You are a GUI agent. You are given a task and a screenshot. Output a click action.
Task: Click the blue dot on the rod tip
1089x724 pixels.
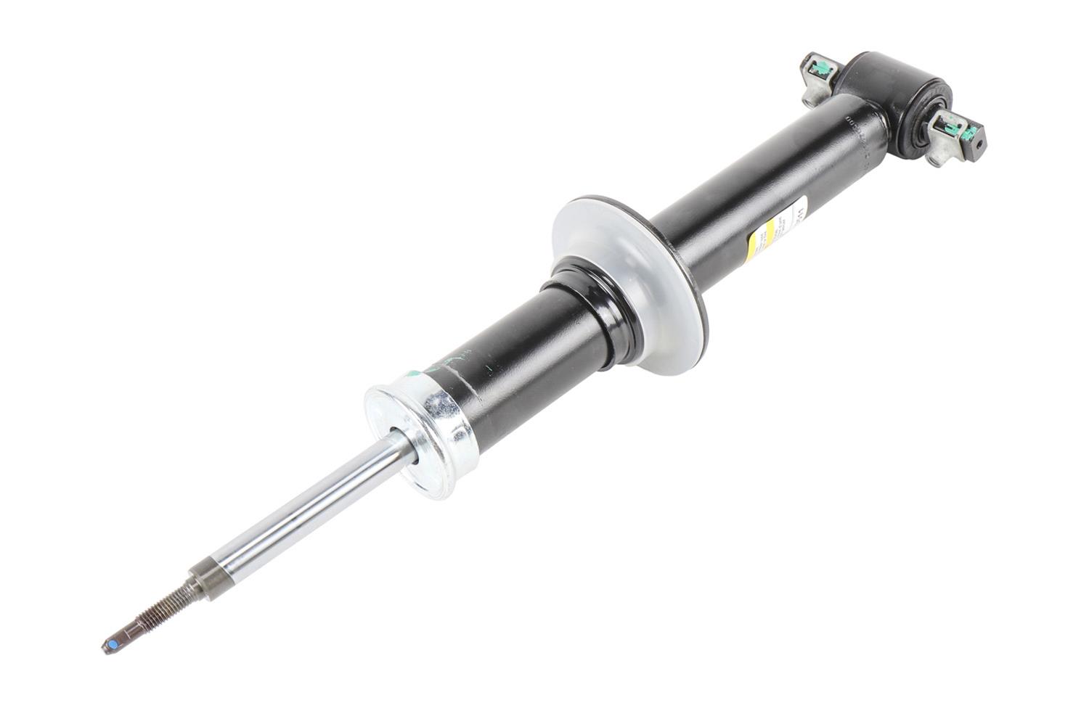click(x=112, y=644)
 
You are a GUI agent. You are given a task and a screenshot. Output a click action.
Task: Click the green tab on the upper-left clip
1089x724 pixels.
click(x=823, y=67)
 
